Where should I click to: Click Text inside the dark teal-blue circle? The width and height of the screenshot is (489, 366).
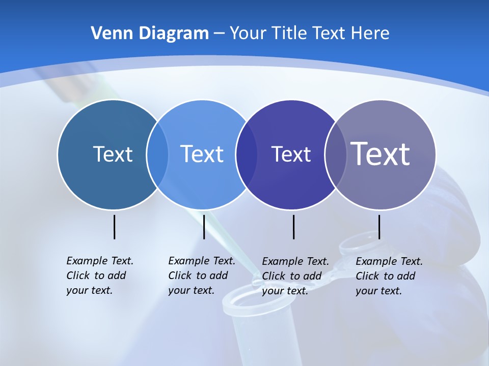click(113, 154)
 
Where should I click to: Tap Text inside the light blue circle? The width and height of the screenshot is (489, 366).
click(202, 154)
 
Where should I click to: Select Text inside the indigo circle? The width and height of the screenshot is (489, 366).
click(291, 154)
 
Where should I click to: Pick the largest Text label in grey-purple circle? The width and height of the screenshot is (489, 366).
click(381, 154)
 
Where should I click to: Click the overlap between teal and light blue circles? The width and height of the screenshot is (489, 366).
click(157, 155)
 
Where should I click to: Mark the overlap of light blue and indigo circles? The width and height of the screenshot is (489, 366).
click(247, 155)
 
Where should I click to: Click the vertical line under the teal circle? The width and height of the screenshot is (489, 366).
click(115, 227)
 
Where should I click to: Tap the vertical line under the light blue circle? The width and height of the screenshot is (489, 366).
click(204, 227)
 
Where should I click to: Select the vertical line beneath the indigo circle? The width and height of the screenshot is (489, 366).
click(293, 227)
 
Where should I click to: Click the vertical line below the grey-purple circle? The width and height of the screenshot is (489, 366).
click(379, 227)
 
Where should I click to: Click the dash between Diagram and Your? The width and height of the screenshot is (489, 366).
click(219, 34)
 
